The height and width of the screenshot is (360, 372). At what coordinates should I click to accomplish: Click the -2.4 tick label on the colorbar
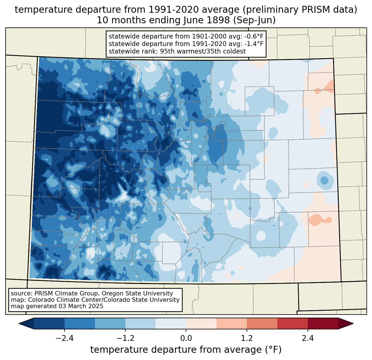[64, 338]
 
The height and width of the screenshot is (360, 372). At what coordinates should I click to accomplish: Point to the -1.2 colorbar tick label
[125, 338]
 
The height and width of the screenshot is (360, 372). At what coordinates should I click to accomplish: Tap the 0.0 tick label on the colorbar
[186, 338]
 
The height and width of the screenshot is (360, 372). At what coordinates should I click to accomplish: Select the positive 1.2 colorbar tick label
[247, 338]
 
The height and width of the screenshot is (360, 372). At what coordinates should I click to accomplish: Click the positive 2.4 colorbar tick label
[308, 338]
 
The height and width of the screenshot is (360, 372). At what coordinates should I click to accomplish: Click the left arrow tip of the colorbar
[19, 324]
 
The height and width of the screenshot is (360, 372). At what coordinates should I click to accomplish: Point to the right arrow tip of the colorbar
[353, 324]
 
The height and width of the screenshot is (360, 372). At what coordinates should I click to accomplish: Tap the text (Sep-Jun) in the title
[254, 21]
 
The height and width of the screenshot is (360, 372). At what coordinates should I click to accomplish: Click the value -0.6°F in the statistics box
[253, 36]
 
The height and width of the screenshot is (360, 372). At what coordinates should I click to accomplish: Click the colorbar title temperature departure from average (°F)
[186, 349]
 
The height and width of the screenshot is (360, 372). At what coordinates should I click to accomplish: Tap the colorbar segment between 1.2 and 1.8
[262, 324]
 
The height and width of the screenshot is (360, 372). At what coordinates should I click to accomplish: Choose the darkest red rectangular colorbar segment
[323, 324]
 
